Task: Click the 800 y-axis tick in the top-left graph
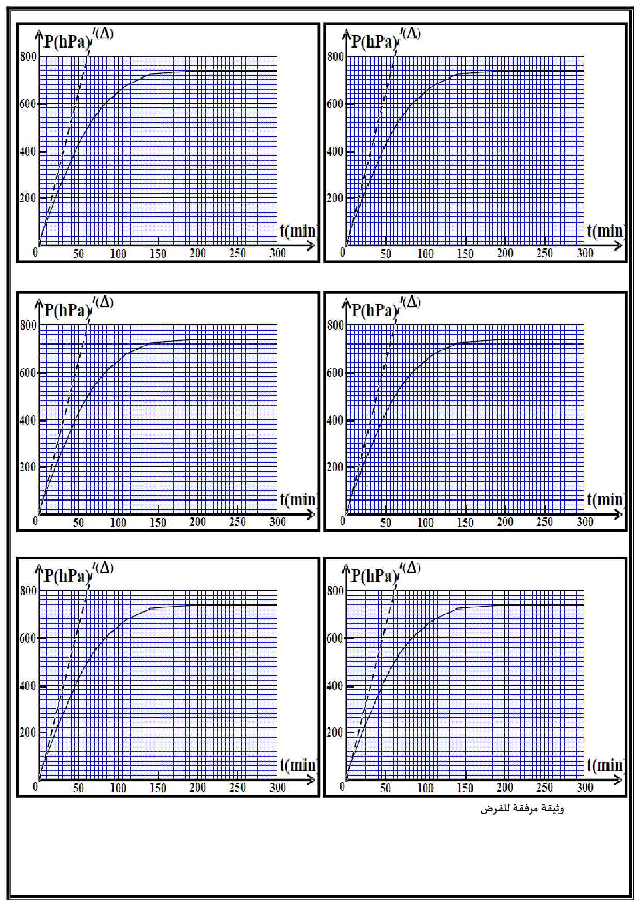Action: [28, 56]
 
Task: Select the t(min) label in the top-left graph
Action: [298, 230]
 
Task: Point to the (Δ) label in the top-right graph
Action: [411, 34]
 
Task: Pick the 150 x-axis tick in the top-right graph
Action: [465, 254]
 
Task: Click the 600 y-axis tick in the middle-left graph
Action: [28, 373]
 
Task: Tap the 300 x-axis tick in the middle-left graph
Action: [278, 522]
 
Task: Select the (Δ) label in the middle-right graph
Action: [411, 302]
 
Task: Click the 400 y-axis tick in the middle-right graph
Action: [335, 420]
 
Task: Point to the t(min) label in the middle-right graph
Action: [605, 499]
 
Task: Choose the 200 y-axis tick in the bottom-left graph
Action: [28, 732]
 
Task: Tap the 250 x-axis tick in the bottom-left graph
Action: [237, 788]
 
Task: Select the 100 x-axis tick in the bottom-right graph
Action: [425, 788]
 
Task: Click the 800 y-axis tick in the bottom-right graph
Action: [335, 591]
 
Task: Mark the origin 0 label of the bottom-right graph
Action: [343, 787]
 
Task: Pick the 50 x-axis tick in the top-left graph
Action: [78, 254]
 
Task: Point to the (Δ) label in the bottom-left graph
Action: [104, 568]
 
